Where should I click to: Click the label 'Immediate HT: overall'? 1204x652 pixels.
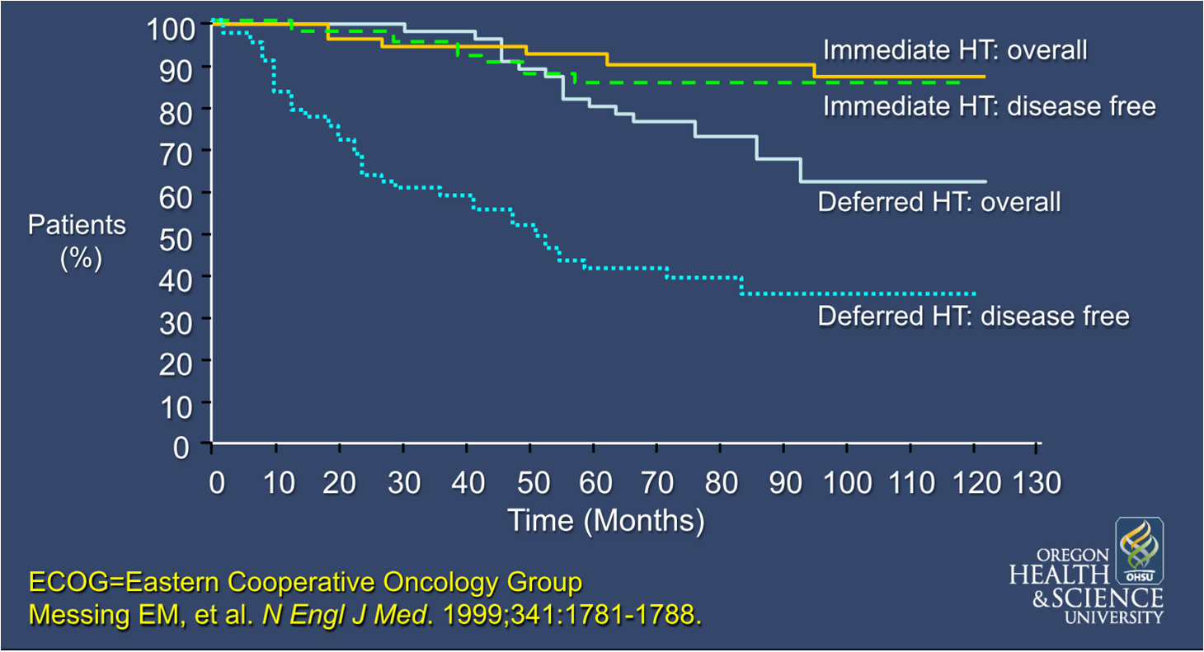[955, 50]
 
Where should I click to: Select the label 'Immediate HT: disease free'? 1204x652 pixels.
[989, 106]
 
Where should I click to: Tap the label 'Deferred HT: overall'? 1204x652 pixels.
[938, 202]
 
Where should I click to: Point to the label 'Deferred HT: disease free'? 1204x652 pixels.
[973, 316]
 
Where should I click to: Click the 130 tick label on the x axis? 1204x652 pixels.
[1037, 483]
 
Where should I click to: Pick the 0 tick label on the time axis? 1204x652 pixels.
[216, 483]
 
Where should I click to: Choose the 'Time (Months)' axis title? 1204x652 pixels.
[606, 521]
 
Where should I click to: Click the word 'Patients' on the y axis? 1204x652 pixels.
[78, 225]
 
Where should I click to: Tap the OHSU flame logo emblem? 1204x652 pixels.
[1139, 550]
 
